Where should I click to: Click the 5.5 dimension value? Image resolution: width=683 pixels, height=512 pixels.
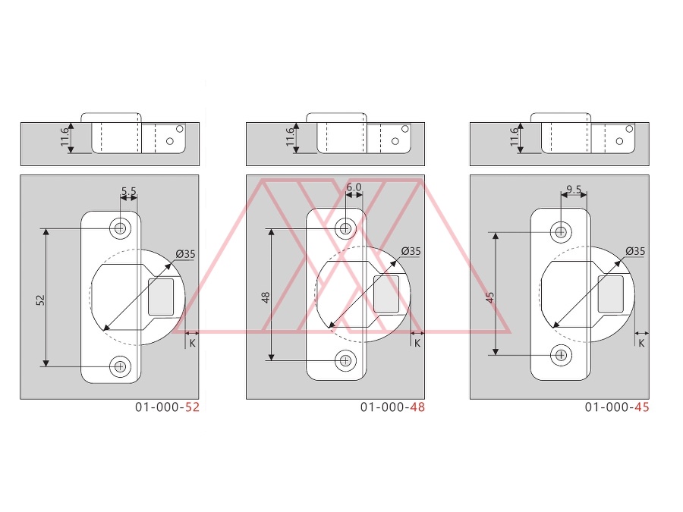128,190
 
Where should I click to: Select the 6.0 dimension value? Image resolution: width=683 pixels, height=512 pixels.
354,187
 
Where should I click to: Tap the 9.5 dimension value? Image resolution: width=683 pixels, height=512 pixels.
574,190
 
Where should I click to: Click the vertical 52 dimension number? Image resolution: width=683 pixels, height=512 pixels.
40,300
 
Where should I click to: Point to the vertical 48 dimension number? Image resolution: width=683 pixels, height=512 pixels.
266,297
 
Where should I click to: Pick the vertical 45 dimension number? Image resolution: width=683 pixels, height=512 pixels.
490,297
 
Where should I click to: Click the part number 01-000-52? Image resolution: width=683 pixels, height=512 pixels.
167,407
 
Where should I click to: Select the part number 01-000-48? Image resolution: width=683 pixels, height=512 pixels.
392,407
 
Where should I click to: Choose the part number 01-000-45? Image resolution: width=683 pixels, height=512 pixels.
617,407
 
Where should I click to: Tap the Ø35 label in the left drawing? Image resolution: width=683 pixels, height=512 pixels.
186,254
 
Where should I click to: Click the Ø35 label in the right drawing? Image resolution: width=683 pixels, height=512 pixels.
635,251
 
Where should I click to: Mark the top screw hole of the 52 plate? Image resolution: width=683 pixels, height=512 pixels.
120,228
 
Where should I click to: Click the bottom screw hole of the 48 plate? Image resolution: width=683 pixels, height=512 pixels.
345,360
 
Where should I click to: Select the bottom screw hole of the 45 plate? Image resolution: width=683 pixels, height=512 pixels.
561,355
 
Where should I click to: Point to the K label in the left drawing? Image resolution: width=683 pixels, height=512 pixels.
193,343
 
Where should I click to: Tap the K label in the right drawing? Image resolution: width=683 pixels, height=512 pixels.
641,343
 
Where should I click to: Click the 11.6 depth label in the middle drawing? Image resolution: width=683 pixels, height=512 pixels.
290,137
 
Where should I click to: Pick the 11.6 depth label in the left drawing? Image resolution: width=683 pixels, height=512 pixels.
65,137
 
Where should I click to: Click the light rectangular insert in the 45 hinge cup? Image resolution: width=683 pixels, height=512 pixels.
611,294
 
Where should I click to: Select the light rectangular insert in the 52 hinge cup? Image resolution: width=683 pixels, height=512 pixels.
161,297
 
